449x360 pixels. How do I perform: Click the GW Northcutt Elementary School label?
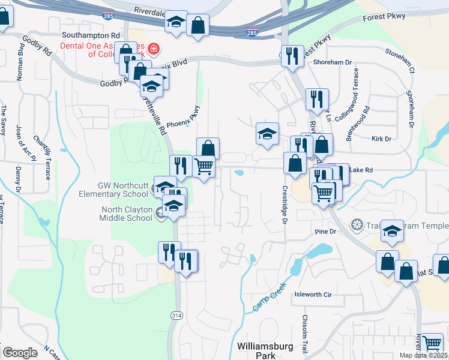click(x=114, y=190)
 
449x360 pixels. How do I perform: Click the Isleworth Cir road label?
click(x=313, y=295)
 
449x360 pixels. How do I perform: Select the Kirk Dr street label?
click(x=381, y=139)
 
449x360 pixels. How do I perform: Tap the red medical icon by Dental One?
click(x=154, y=48)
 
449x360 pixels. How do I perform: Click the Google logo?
click(x=20, y=352)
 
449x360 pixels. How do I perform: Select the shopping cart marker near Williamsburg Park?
click(x=432, y=344)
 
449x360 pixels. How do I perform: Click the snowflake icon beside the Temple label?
click(x=357, y=225)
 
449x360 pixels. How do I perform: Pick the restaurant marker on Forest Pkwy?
click(x=293, y=56)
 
